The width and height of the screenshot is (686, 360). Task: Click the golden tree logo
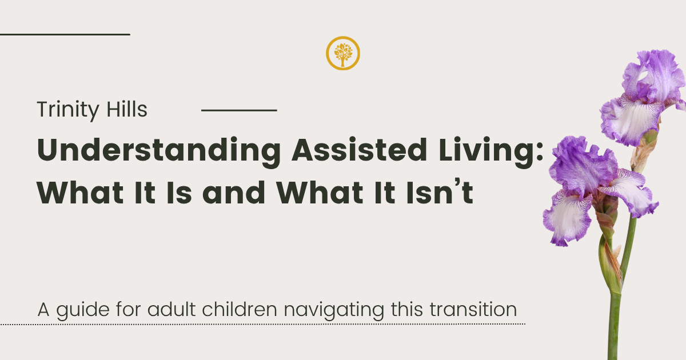[342, 53]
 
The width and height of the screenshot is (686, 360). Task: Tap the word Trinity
[68, 110]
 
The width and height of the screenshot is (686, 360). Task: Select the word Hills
[127, 109]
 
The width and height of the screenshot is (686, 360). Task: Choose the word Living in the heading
[486, 152]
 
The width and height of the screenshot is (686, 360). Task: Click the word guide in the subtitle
[83, 310]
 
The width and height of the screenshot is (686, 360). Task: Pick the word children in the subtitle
[240, 309]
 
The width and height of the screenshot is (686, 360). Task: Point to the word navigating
[334, 310]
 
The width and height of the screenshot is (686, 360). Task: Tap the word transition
[473, 309]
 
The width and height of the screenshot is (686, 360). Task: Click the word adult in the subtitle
[171, 309]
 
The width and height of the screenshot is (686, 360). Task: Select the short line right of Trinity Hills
[239, 110]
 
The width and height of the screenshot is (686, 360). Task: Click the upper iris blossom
[643, 98]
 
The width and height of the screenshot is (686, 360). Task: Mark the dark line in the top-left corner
[65, 35]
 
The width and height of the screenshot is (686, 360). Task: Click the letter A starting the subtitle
[43, 310]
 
